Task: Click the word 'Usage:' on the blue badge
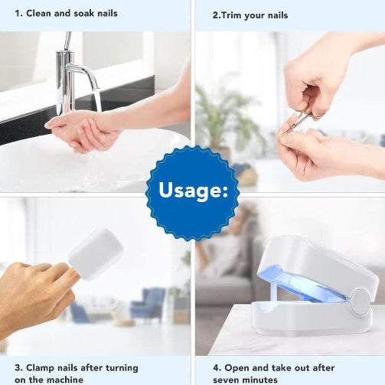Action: click(193, 191)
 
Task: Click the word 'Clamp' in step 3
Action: click(41, 368)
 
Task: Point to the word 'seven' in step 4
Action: click(224, 380)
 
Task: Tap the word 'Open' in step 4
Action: click(237, 368)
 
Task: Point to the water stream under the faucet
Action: click(98, 100)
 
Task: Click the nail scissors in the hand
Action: click(300, 120)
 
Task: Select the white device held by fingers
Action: click(96, 254)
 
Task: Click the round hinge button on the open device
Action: click(361, 302)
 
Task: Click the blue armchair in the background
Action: click(148, 304)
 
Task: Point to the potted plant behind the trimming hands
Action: click(228, 117)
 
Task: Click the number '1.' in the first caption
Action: click(19, 13)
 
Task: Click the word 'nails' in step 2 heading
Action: click(278, 15)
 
